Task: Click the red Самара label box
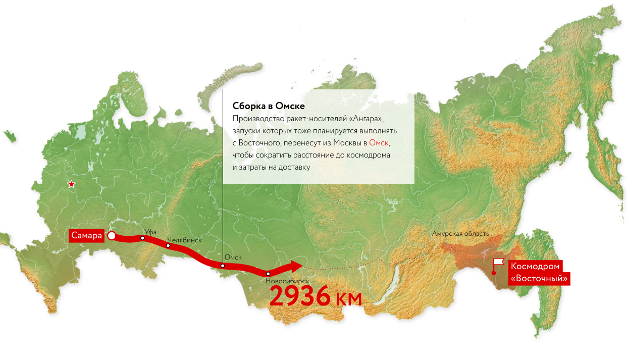click(x=86, y=236)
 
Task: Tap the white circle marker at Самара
click(x=112, y=236)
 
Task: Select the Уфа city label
click(x=150, y=232)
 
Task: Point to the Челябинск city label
click(x=184, y=240)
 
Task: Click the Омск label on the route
click(x=233, y=258)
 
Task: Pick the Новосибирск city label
click(x=287, y=281)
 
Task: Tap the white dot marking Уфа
click(x=143, y=238)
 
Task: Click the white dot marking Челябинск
click(x=168, y=246)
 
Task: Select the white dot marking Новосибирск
click(x=268, y=274)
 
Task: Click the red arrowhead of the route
click(x=295, y=266)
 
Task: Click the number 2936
click(x=300, y=297)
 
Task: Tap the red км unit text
click(x=348, y=298)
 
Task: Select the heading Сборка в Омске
click(x=269, y=107)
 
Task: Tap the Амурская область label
click(x=460, y=234)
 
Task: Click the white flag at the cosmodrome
click(x=499, y=262)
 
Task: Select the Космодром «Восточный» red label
click(x=539, y=273)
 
